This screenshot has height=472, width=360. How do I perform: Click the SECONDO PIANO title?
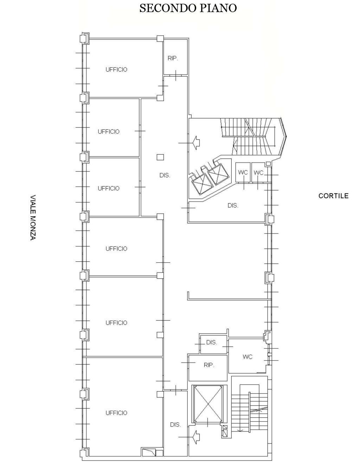pos(188,8)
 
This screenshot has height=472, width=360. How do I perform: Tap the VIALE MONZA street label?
pos(33,218)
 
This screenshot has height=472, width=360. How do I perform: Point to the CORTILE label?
pos(333,196)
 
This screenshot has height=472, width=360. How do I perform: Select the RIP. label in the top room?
pos(173,58)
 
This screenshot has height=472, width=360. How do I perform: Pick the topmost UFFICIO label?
pos(116,69)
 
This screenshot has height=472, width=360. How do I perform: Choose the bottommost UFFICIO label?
pos(116,413)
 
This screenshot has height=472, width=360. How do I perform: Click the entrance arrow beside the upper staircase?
pos(197,143)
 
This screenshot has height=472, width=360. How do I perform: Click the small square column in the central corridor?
pos(160,157)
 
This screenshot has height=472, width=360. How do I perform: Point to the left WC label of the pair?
pos(243,172)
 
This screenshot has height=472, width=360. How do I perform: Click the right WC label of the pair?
pos(258,172)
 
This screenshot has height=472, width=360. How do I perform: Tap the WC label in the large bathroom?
pos(247,357)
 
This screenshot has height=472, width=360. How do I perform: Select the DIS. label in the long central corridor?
pos(165,175)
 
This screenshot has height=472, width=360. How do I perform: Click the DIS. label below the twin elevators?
pos(233,205)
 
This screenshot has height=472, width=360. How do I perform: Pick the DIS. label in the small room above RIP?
pos(212,342)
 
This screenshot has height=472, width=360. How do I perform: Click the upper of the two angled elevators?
pos(218,174)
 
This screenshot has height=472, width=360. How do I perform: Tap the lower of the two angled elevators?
pos(201,183)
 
